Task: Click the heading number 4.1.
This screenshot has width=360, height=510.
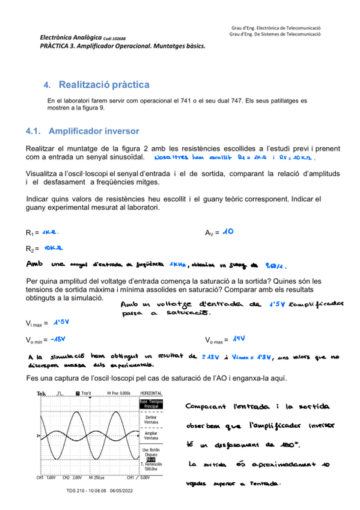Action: pyautogui.click(x=34, y=131)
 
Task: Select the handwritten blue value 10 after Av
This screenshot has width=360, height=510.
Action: pyautogui.click(x=228, y=232)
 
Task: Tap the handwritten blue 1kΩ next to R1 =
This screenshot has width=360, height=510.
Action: pyautogui.click(x=50, y=232)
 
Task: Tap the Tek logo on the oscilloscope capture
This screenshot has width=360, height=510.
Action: pyautogui.click(x=41, y=395)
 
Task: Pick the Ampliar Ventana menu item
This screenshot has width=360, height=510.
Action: pyautogui.click(x=151, y=435)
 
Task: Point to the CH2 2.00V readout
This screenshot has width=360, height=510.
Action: pyautogui.click(x=73, y=478)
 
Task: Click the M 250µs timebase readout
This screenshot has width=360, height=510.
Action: pyautogui.click(x=97, y=478)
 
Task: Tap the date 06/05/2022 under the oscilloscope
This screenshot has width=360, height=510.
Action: pyautogui.click(x=121, y=490)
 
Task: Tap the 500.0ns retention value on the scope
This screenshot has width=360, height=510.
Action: pyautogui.click(x=151, y=468)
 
